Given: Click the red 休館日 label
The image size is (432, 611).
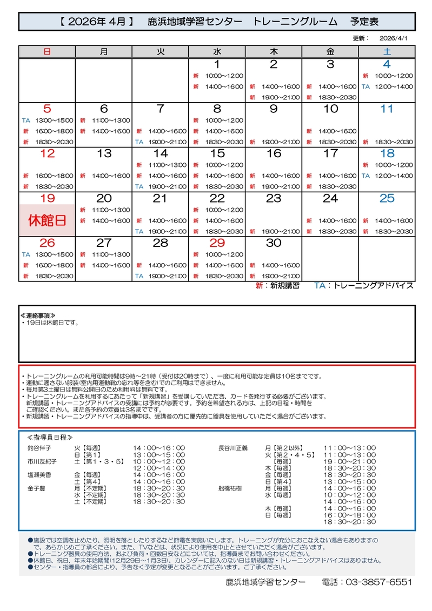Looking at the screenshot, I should coord(47,220).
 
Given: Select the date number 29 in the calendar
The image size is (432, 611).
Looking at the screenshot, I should coord(217,243).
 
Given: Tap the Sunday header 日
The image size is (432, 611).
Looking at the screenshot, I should coord(47,52).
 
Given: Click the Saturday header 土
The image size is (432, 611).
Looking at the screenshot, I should coord(387,52).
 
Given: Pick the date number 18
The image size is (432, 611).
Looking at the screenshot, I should coord(387,153).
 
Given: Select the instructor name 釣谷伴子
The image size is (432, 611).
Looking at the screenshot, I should coord(39,448).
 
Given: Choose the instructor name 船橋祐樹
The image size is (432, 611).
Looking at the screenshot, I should coord(229,488).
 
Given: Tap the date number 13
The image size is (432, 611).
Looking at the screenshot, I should coord(104,153).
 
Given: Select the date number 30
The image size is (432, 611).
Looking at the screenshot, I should coord(274,243).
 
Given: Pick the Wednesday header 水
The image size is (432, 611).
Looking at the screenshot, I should coord(217,52).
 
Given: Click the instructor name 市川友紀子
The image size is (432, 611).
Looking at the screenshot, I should coord(42,461).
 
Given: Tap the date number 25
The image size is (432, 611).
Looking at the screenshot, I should coord(387,198).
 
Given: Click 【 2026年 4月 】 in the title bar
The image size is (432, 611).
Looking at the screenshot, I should coord(95,22).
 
